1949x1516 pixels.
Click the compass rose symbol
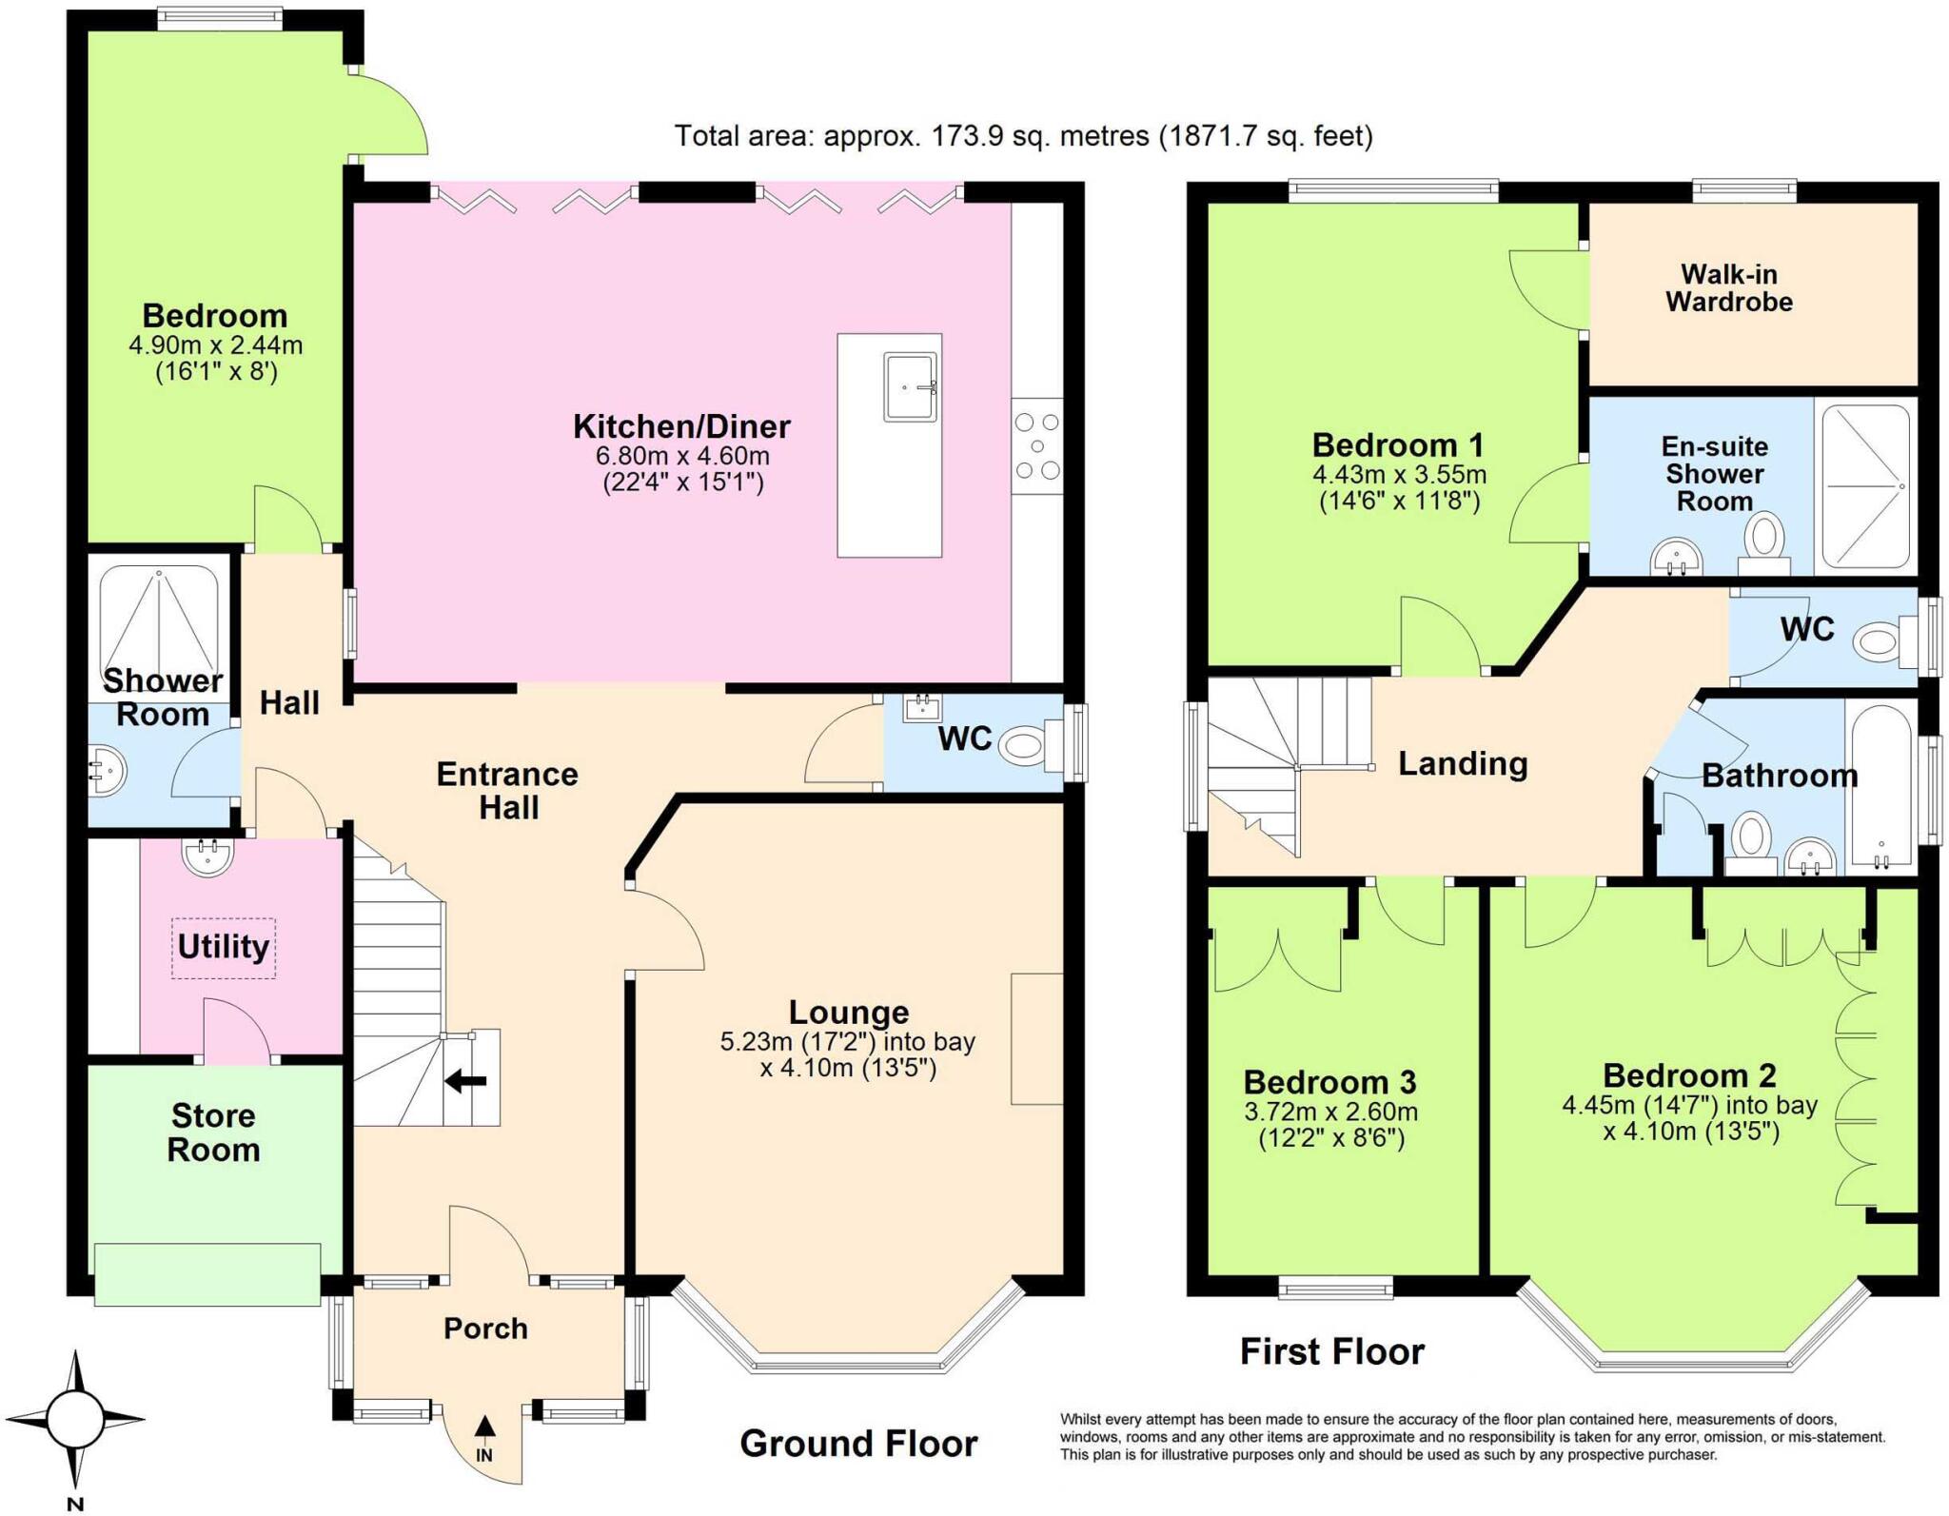pos(75,1418)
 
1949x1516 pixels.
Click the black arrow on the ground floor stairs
pos(466,1080)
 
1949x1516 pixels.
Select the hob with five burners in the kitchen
pos(1036,445)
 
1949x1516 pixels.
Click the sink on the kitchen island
pos(911,386)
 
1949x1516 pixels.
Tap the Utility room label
pos(223,947)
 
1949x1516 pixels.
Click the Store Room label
pos(213,1132)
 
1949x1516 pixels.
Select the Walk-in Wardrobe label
pos(1728,288)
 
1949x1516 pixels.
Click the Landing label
pos(1462,763)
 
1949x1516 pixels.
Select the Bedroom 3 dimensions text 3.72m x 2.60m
pos(1330,1112)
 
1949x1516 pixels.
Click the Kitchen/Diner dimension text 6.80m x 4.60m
pos(682,456)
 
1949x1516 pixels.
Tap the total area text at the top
pos(1023,136)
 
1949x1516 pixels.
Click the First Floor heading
pos(1331,1351)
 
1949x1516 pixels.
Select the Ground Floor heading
pos(858,1444)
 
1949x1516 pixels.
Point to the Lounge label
pos(848,1012)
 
